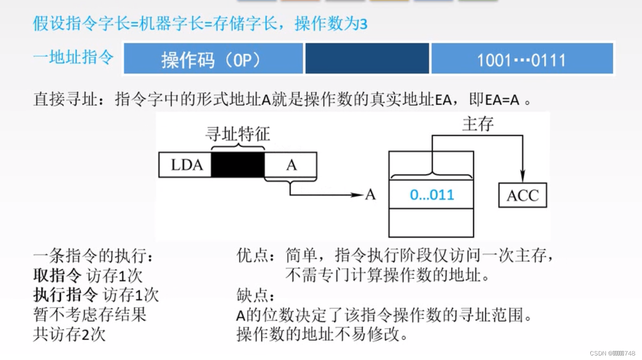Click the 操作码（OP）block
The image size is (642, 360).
click(213, 58)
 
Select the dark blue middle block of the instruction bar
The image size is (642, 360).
click(367, 58)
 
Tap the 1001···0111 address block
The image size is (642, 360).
click(522, 58)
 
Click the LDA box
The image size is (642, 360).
click(186, 165)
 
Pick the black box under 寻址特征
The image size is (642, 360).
click(238, 165)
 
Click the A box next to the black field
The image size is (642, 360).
click(291, 165)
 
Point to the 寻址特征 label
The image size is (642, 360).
click(237, 134)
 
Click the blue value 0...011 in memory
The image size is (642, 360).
click(431, 195)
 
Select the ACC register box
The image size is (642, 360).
click(522, 195)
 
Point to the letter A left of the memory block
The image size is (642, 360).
click(370, 195)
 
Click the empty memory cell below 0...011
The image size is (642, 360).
click(431, 222)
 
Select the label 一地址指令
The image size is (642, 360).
click(73, 58)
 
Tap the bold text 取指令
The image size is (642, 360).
click(57, 275)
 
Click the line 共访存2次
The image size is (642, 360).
click(69, 335)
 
